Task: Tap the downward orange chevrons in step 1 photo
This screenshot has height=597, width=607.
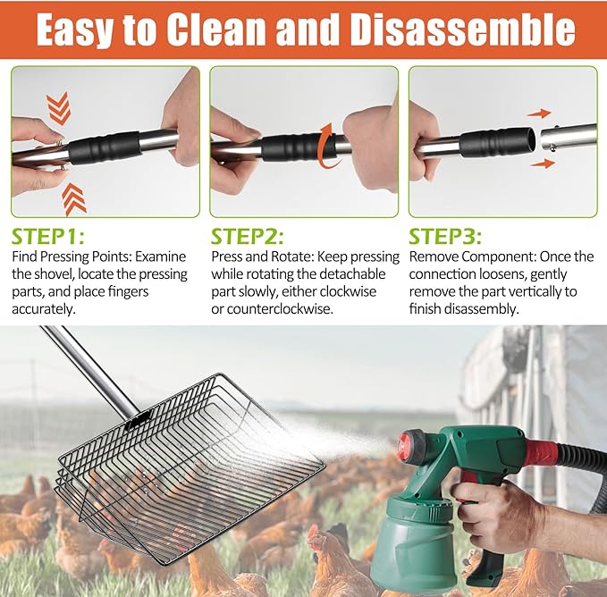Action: tap(58, 109)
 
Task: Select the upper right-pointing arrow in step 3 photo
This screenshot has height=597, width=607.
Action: tap(539, 114)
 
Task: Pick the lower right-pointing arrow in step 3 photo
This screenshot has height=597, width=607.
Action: tap(541, 164)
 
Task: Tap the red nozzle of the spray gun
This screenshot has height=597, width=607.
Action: tap(410, 445)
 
